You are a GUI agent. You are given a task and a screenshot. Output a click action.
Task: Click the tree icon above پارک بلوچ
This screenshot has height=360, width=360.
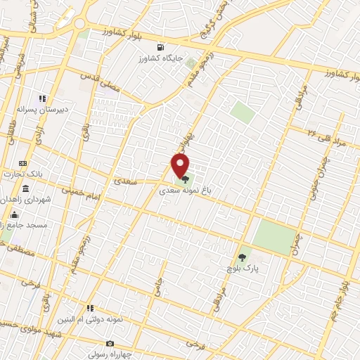coord(243,257)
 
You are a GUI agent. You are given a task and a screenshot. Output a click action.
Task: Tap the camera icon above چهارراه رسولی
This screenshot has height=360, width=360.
coord(110,343)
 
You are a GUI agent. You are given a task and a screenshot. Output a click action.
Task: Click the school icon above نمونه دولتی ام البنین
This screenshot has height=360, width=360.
coord(90,308)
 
